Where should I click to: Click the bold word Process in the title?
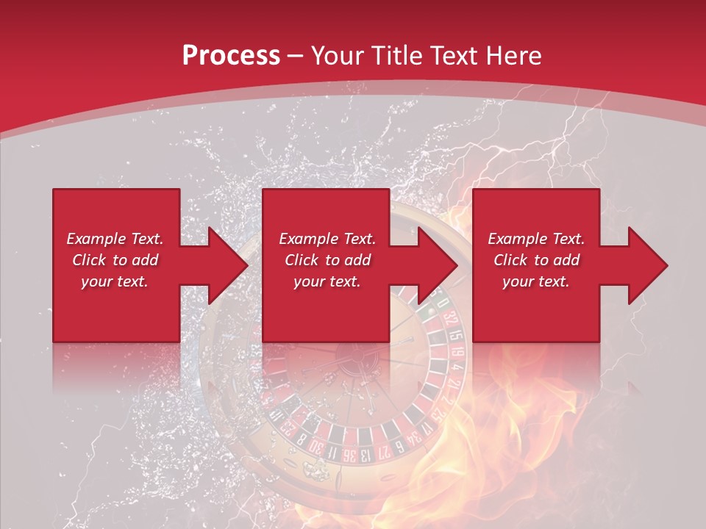pyautogui.click(x=231, y=56)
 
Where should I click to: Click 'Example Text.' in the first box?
pyautogui.click(x=115, y=239)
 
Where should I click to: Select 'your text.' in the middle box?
pyautogui.click(x=327, y=281)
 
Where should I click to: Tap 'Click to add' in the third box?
pyautogui.click(x=535, y=260)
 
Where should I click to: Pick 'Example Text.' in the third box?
pyautogui.click(x=536, y=239)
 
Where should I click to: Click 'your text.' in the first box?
pyautogui.click(x=115, y=281)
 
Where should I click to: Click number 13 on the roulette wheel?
pyautogui.click(x=366, y=455)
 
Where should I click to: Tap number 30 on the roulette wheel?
pyautogui.click(x=316, y=447)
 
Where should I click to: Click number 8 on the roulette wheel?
pyautogui.click(x=300, y=439)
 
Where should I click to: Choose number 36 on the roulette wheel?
pyautogui.click(x=349, y=455)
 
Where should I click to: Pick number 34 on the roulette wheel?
pyautogui.click(x=415, y=440)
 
